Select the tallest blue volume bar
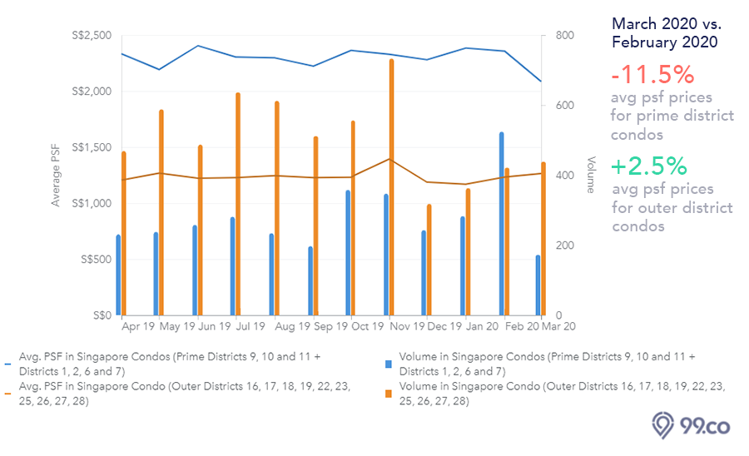(x=501, y=225)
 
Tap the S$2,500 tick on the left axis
(x=92, y=36)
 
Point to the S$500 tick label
(x=97, y=260)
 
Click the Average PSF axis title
(x=57, y=175)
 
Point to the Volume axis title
(x=590, y=175)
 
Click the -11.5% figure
(x=652, y=76)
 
